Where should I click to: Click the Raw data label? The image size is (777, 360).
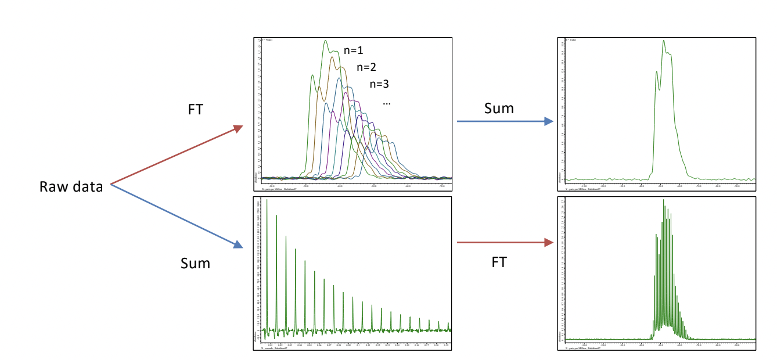tap(71, 187)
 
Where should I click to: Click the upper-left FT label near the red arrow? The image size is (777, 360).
tap(196, 109)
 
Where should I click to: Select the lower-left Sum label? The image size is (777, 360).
tap(195, 263)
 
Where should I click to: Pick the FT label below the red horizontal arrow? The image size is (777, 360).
tap(499, 262)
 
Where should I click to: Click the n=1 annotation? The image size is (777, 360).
tap(353, 50)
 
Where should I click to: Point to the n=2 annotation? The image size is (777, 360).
tap(366, 67)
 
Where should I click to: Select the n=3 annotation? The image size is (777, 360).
tap(379, 84)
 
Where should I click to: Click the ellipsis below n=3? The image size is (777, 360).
tap(387, 103)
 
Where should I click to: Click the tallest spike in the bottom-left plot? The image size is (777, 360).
tap(267, 202)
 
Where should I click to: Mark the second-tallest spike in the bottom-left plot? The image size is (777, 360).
tap(276, 217)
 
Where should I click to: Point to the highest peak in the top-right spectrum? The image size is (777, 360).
tap(663, 41)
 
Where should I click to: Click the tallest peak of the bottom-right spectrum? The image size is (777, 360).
tap(663, 200)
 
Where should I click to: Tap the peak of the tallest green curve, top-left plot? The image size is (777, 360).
tap(325, 41)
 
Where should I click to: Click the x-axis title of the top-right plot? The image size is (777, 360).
tap(581, 189)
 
